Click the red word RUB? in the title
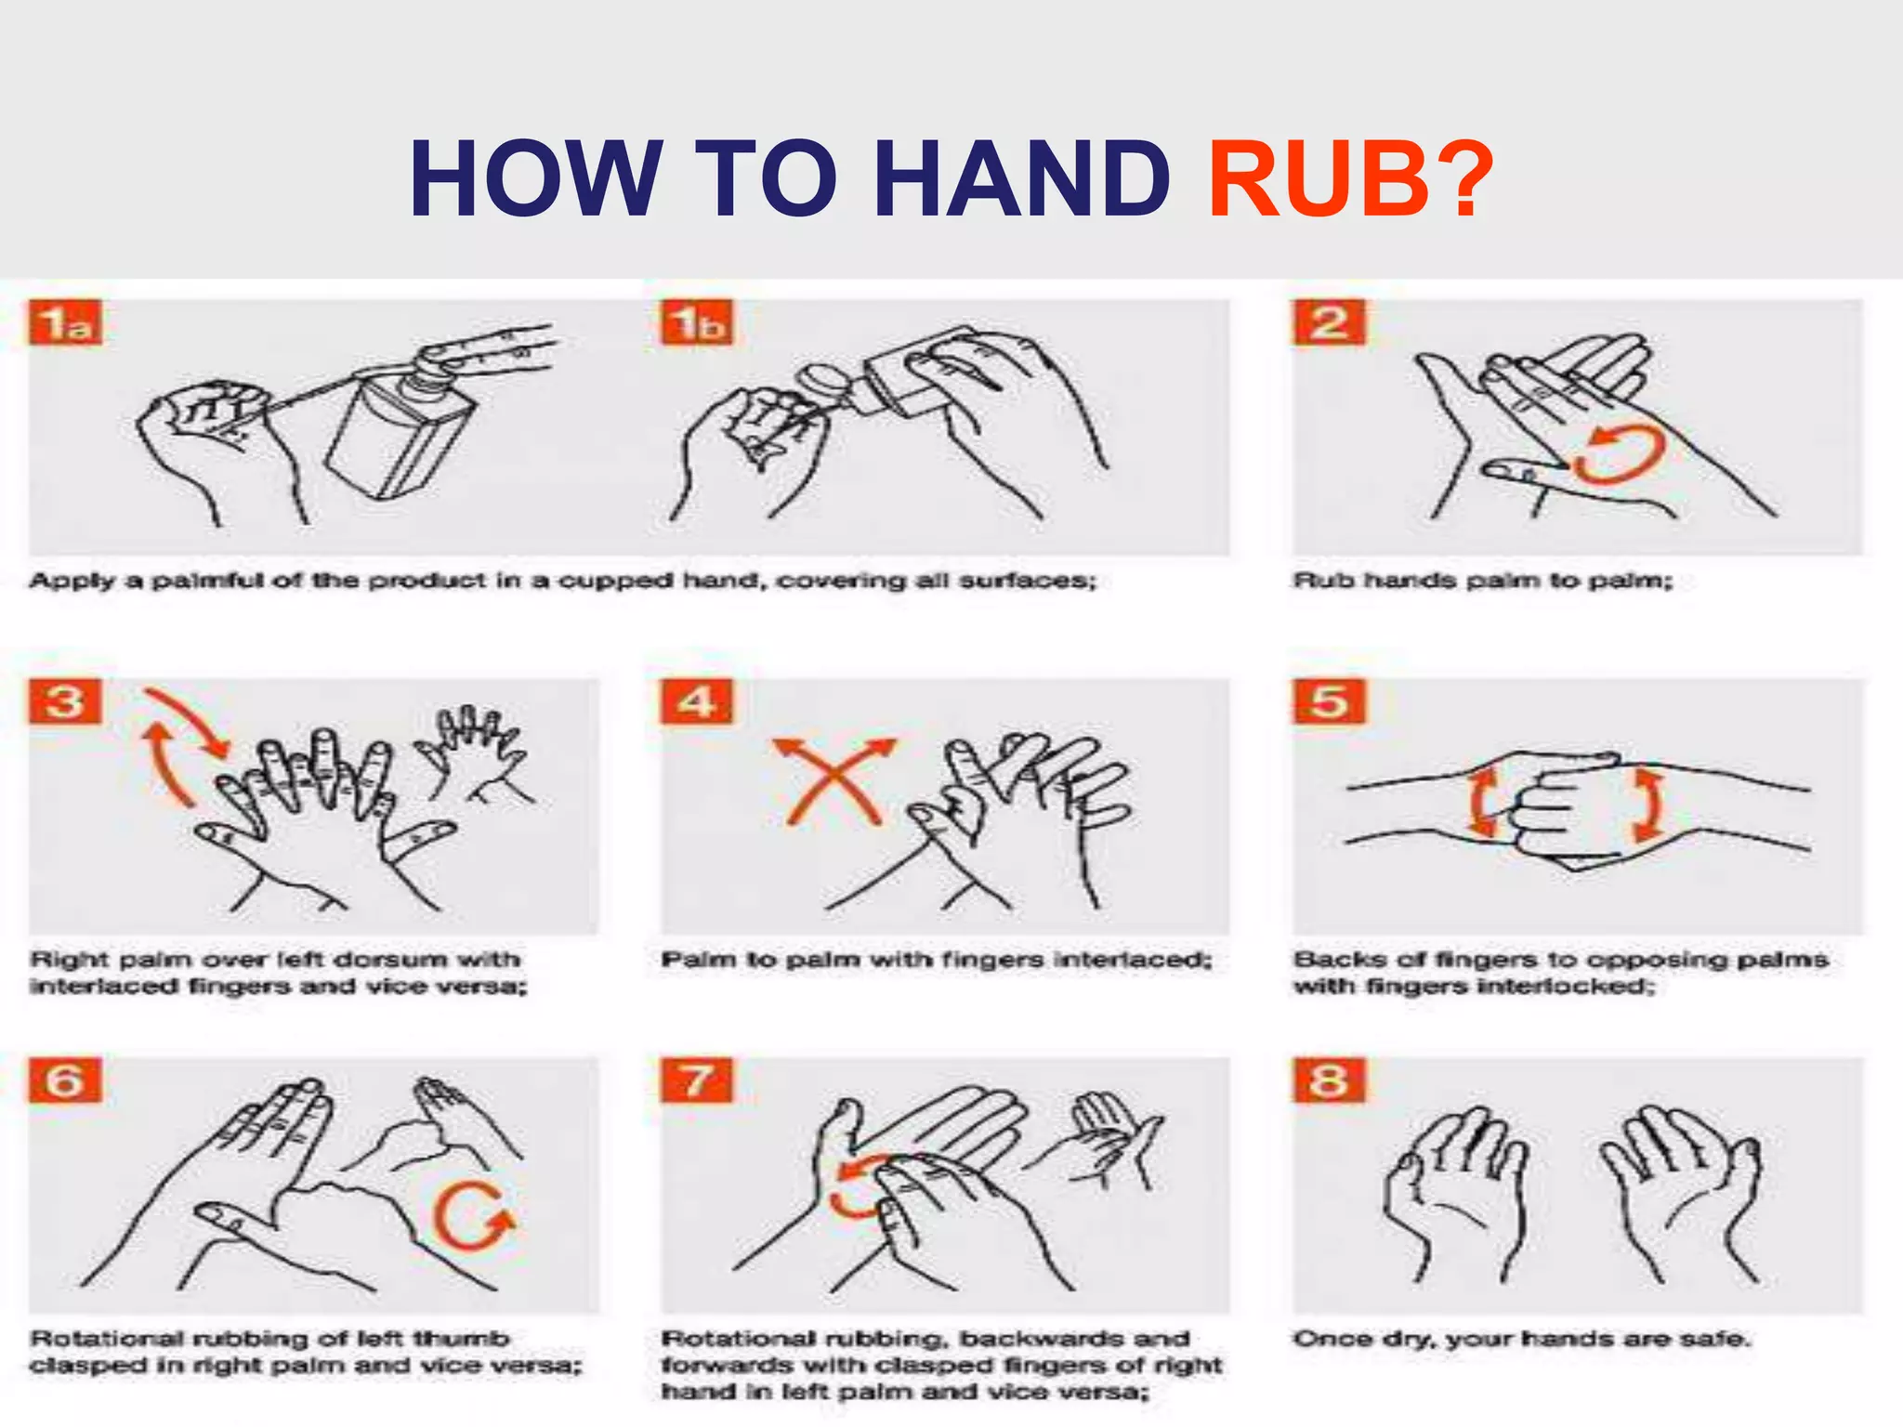[1351, 178]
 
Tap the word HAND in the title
[1022, 178]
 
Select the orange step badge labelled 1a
[65, 322]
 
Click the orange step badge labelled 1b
[697, 322]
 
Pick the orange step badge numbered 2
[1330, 322]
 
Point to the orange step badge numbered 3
[65, 701]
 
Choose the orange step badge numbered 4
[697, 701]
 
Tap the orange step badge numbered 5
[1330, 701]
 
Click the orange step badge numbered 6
[65, 1080]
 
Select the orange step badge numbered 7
[697, 1080]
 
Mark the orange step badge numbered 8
[1330, 1080]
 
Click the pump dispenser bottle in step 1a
[395, 427]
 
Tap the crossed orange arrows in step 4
[834, 780]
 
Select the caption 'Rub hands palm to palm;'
[1483, 581]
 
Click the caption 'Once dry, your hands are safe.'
[1522, 1339]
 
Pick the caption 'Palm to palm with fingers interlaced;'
[937, 960]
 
